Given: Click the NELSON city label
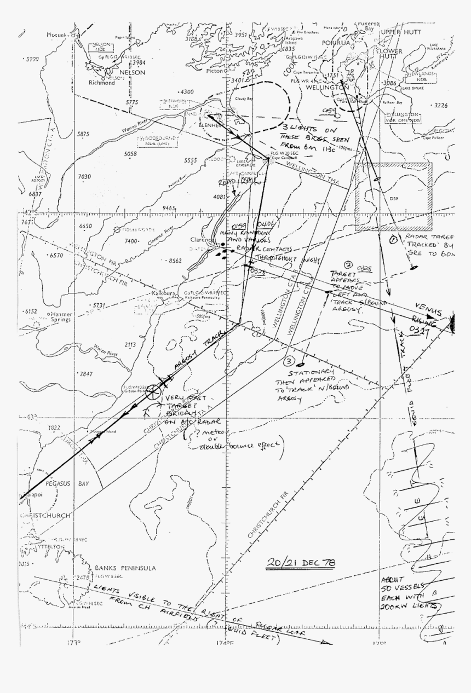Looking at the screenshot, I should [x=129, y=72].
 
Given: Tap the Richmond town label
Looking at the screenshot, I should [x=101, y=83].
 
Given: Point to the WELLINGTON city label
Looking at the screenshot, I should [x=327, y=87].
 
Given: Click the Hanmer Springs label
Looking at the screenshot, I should [x=61, y=317].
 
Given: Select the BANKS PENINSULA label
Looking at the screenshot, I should [x=125, y=568].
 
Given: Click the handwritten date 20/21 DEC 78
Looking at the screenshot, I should [x=301, y=562].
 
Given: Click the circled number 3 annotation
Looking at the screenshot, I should [x=289, y=361].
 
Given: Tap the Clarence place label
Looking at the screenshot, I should [x=201, y=240].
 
